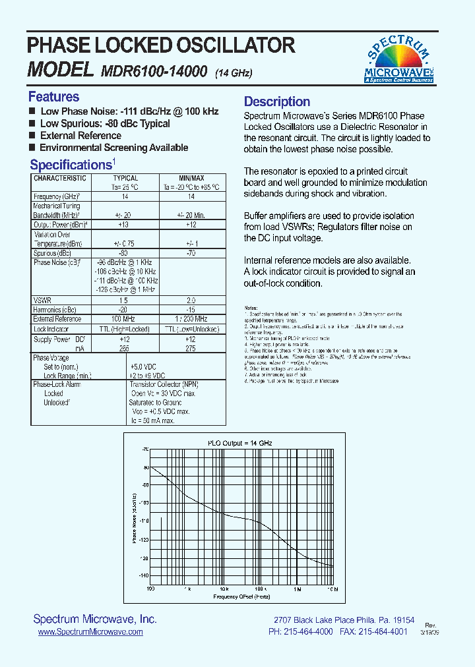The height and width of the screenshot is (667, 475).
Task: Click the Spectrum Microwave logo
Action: (x=398, y=59)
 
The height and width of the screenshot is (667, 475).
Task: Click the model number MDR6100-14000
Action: (x=154, y=71)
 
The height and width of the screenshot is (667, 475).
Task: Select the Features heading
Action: (x=53, y=97)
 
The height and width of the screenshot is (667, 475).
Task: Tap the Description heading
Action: (x=276, y=101)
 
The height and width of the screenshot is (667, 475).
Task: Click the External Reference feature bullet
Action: (x=80, y=135)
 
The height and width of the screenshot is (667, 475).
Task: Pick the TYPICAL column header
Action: (x=125, y=178)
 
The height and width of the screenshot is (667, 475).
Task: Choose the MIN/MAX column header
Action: (x=191, y=178)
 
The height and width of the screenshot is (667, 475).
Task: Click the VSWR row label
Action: (x=42, y=300)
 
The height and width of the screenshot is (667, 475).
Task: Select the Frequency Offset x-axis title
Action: (x=241, y=596)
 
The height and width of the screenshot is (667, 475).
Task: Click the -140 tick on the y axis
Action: (x=144, y=575)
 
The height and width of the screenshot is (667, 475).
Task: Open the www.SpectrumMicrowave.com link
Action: (x=90, y=631)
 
